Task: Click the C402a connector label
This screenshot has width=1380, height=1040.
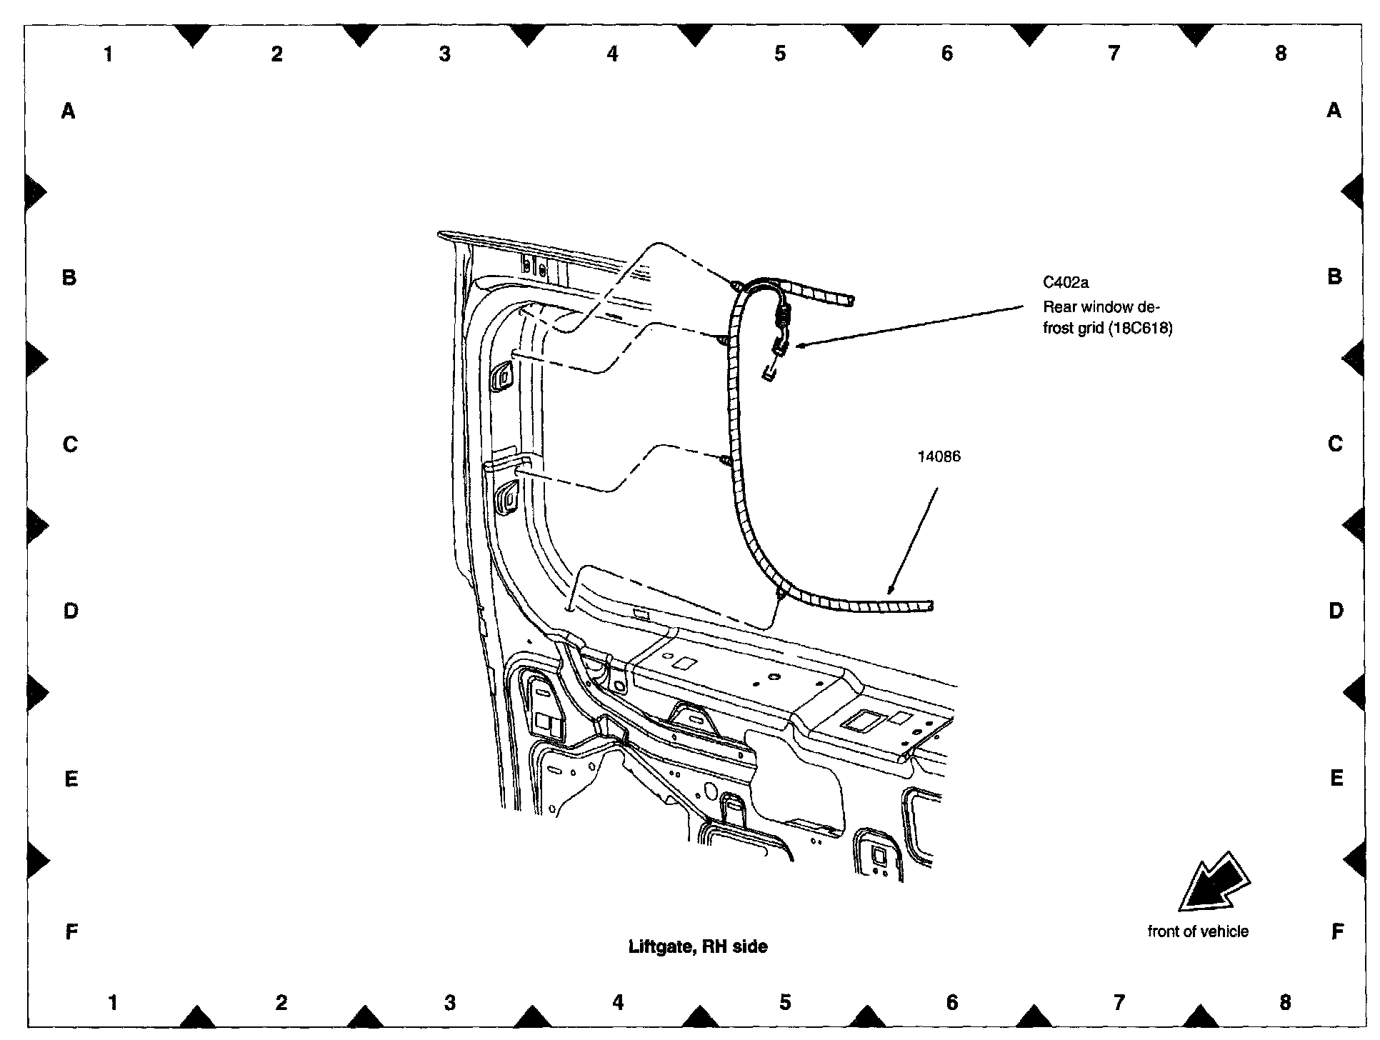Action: (x=1065, y=283)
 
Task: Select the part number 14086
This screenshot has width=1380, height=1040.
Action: (x=939, y=456)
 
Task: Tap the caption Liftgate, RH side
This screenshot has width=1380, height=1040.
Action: (x=698, y=946)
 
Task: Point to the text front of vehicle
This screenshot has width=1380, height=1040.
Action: (x=1198, y=931)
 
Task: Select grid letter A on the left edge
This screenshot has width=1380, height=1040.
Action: (x=69, y=111)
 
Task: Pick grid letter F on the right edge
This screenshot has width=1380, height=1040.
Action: (x=1337, y=931)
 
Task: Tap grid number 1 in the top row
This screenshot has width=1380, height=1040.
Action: (x=109, y=54)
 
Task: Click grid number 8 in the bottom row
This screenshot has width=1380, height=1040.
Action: (x=1285, y=1003)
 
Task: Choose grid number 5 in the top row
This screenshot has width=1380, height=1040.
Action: (x=780, y=54)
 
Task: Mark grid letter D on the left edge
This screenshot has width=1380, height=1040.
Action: (x=71, y=611)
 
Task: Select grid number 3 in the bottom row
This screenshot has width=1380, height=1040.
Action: (x=449, y=1003)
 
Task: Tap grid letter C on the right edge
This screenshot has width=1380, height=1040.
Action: (x=1335, y=444)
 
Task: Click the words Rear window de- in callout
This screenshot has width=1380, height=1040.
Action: (x=1101, y=307)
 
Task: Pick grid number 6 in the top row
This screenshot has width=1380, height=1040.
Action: (x=947, y=54)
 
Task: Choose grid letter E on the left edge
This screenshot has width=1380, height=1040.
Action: (x=71, y=779)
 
